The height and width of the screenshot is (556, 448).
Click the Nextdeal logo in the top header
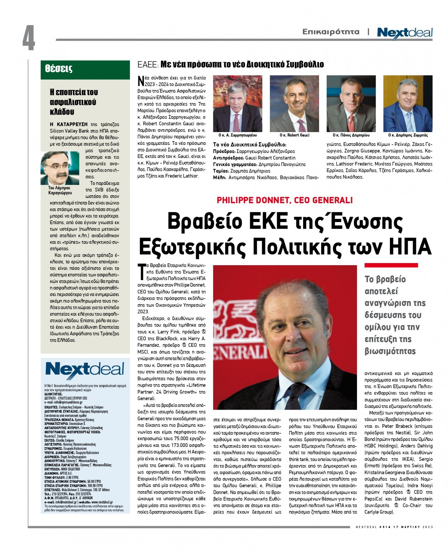coord(405,33)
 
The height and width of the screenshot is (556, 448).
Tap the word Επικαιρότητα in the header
coord(331,32)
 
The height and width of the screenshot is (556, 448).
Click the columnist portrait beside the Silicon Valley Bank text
coord(60,168)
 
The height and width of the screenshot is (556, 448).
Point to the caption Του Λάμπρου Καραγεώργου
coord(60,190)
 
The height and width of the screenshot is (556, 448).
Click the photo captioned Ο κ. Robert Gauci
coord(294,104)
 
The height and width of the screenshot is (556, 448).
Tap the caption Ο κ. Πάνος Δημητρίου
coord(351,135)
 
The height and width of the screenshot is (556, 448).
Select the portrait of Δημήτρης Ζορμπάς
coord(408,104)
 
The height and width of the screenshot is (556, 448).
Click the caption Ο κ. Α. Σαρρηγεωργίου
coord(237,135)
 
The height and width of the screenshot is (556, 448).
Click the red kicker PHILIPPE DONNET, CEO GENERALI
coord(285,200)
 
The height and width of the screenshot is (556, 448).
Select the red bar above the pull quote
coord(391,265)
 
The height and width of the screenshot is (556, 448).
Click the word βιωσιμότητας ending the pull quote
coord(390,351)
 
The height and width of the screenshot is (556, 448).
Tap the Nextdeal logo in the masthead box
coord(84,370)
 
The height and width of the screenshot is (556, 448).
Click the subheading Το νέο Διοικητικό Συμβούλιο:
coord(250,145)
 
